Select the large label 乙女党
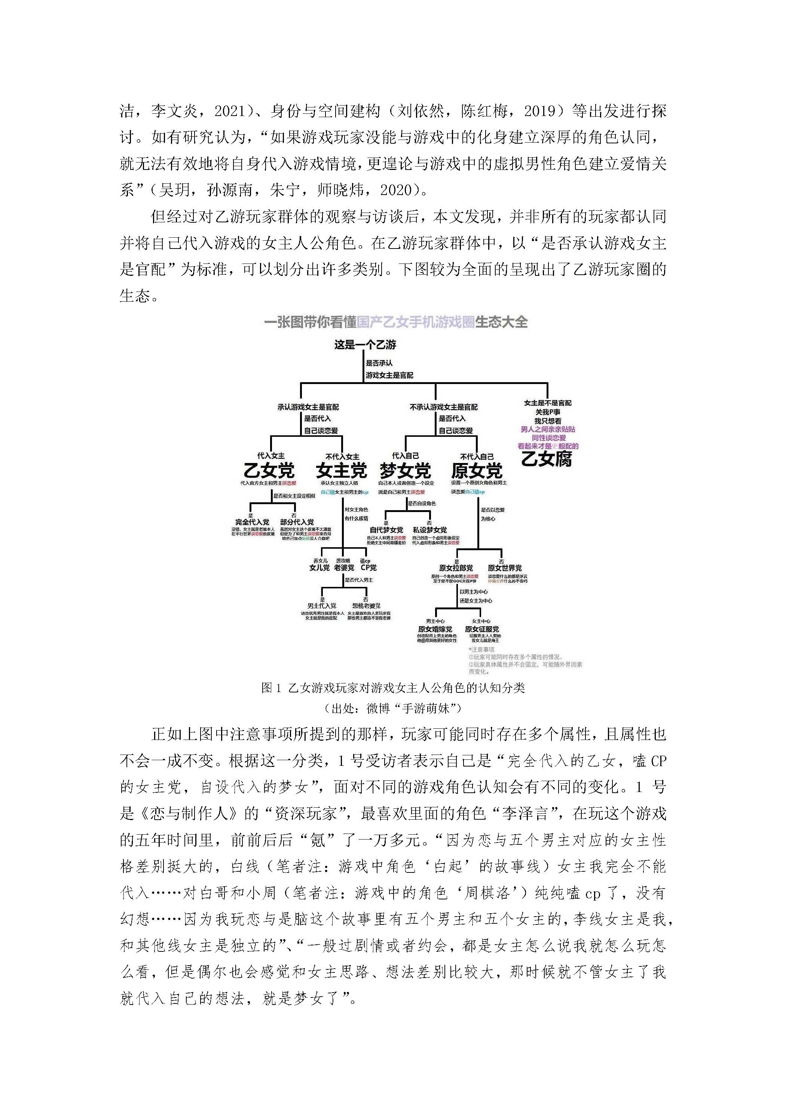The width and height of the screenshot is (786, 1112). click(269, 470)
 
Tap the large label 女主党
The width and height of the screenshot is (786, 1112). click(342, 470)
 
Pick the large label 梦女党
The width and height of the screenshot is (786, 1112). click(405, 470)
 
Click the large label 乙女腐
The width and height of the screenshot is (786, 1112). click(547, 458)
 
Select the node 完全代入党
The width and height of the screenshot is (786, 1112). click(252, 522)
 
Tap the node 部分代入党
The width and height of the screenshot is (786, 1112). click(297, 522)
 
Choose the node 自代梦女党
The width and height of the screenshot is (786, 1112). click(386, 530)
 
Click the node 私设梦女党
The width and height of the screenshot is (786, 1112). click(430, 530)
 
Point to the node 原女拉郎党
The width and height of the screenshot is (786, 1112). click(456, 568)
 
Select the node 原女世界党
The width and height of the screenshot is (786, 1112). click(505, 568)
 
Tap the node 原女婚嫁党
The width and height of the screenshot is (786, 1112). click(435, 629)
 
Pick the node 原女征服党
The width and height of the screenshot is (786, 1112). click(482, 629)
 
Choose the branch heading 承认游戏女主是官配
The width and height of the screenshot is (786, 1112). click(308, 407)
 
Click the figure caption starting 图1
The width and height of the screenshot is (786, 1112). click(392, 688)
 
